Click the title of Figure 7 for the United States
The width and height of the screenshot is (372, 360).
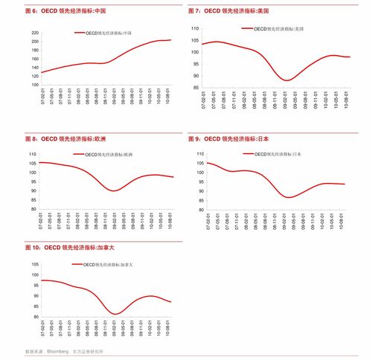pos(228,12)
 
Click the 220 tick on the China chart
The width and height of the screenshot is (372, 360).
pos(35,33)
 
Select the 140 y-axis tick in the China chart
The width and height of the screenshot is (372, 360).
pos(35,68)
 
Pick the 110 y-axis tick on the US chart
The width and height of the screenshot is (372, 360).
pos(195,28)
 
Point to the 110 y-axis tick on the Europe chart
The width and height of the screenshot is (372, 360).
pos(33,154)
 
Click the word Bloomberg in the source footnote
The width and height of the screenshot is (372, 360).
pos(58,352)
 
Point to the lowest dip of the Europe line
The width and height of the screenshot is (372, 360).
pos(114,190)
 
